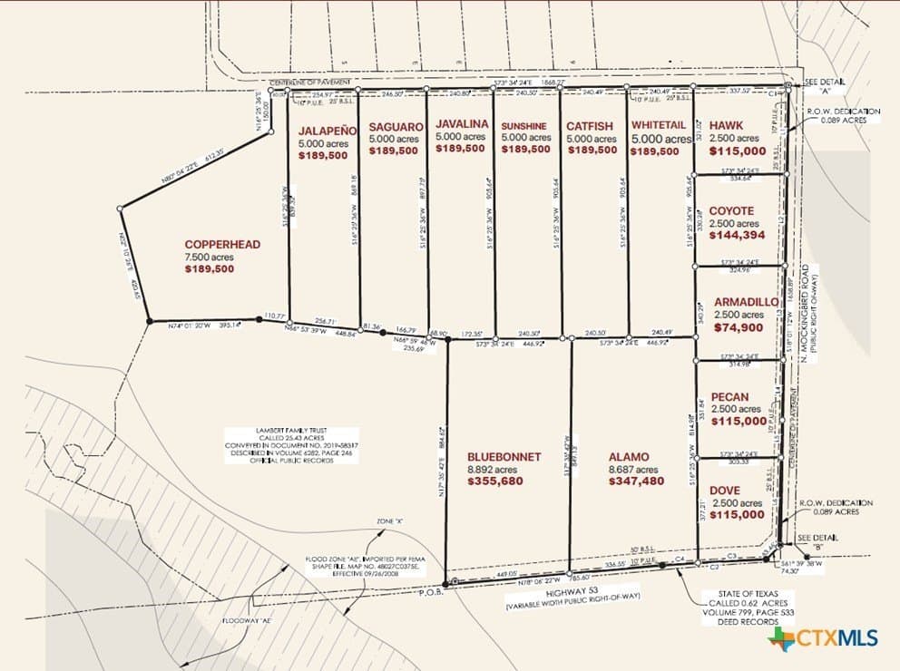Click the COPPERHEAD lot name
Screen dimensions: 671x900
(x=222, y=244)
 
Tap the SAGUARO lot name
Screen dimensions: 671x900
(x=396, y=126)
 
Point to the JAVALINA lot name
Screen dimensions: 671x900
(x=462, y=123)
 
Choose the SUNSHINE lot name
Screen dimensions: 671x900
(x=526, y=125)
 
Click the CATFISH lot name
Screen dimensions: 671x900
(x=592, y=126)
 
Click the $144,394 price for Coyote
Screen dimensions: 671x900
(x=737, y=235)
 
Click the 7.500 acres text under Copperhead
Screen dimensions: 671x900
(x=210, y=258)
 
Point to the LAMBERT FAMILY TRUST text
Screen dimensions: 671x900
(x=290, y=430)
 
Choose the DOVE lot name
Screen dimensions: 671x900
(x=726, y=490)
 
